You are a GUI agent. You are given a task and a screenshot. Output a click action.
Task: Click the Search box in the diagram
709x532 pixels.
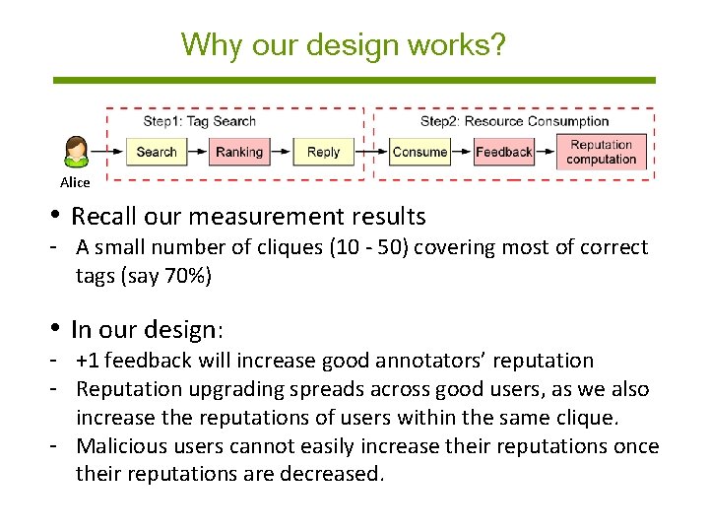(156, 152)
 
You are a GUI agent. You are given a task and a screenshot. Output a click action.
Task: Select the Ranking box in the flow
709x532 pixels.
(239, 152)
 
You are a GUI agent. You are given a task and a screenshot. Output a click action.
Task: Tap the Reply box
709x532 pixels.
(323, 152)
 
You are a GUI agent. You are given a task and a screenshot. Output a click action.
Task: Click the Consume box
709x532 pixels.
(419, 152)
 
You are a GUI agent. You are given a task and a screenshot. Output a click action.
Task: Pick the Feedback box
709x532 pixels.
(503, 152)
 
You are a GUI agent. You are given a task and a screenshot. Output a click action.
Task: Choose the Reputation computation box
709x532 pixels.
(602, 152)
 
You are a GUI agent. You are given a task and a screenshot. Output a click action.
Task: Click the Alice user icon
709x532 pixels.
(76, 153)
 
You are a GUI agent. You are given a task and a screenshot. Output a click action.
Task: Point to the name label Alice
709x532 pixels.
(75, 182)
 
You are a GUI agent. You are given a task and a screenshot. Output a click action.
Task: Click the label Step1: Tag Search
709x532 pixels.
(199, 121)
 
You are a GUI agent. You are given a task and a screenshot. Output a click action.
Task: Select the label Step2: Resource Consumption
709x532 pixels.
(514, 121)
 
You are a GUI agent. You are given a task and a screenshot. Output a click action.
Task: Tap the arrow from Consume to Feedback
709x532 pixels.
(462, 152)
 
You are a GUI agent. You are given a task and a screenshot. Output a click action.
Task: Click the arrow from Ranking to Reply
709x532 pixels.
(281, 152)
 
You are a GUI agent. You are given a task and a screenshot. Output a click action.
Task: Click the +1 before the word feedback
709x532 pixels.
(92, 361)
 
